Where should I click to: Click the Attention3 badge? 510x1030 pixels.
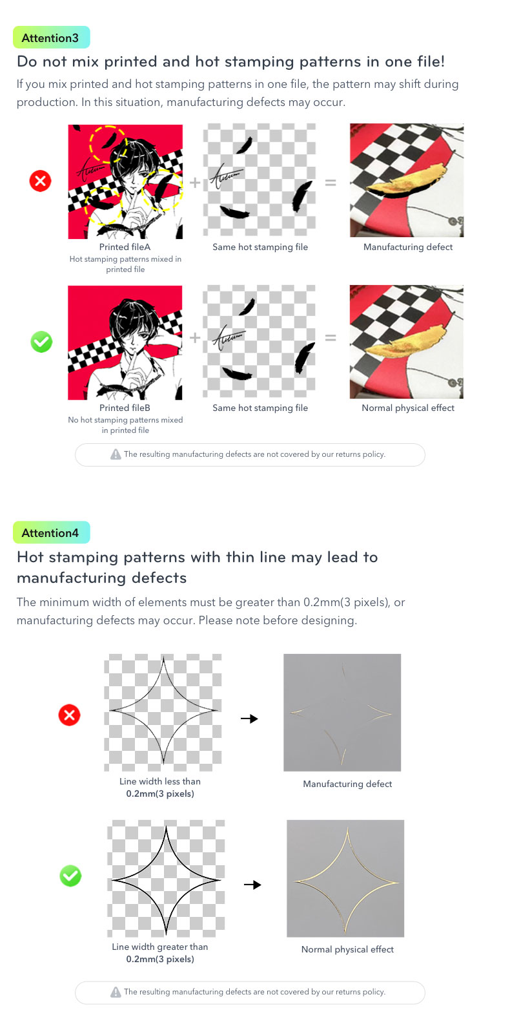coord(52,37)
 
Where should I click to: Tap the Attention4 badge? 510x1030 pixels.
coord(52,532)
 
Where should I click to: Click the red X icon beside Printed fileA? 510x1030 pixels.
coord(41,181)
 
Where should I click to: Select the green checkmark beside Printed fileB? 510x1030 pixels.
coord(41,342)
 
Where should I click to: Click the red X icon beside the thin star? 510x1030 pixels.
coord(69,715)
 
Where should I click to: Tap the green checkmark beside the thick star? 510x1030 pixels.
coord(71,876)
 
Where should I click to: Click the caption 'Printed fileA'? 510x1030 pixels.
coord(125,247)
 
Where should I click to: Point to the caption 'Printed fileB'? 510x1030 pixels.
coord(125,408)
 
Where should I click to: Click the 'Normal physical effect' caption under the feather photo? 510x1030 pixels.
coord(408,408)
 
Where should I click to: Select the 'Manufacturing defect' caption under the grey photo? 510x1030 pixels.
coord(347,784)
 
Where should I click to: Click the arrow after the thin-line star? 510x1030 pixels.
coord(249,719)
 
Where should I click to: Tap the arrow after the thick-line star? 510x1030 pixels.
coord(252,885)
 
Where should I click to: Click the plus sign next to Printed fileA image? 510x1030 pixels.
coord(195,183)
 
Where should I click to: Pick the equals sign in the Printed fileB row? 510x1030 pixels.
coord(331,338)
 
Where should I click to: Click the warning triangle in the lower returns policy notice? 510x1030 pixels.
coord(116,993)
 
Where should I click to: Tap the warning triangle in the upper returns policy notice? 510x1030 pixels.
coord(116,454)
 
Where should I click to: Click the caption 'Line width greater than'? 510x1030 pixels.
coord(160,947)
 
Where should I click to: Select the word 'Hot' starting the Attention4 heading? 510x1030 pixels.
coord(31,557)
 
